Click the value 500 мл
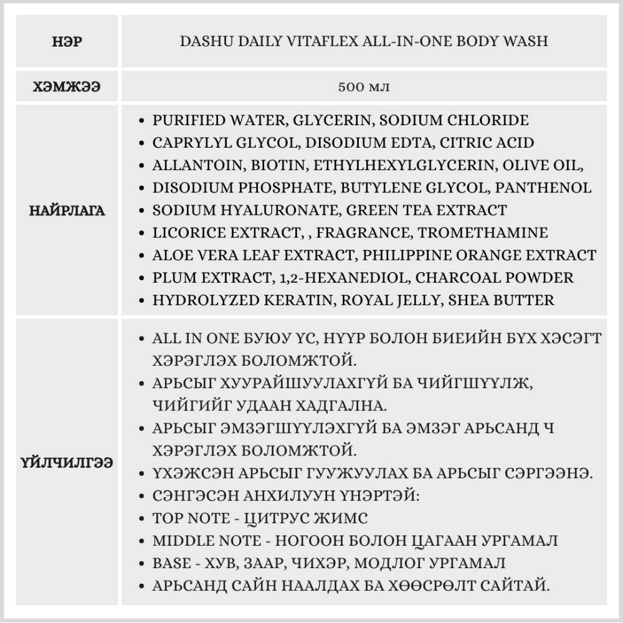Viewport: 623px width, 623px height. (364, 86)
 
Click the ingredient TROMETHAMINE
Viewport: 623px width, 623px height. (483, 232)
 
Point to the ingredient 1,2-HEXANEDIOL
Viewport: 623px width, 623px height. (340, 277)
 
